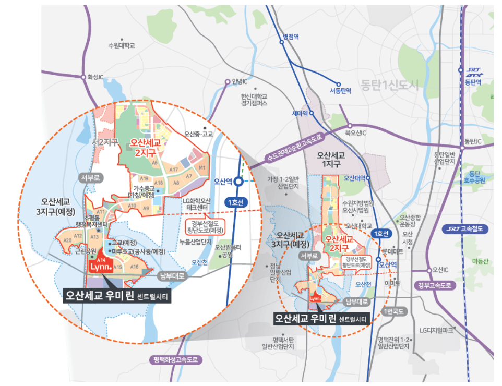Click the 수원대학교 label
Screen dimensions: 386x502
121,45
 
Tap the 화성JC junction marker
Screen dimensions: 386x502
83,77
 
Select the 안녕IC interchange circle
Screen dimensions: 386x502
227,82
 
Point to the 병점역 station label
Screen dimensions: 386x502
290,37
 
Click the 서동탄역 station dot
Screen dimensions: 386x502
339,84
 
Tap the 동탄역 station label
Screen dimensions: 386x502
473,82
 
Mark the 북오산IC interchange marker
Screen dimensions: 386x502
349,126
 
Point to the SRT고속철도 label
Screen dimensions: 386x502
465,228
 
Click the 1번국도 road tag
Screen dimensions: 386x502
391,311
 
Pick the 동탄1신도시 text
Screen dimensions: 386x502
389,85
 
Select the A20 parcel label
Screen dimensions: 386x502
67,240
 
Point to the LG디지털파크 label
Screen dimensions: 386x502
437,330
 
